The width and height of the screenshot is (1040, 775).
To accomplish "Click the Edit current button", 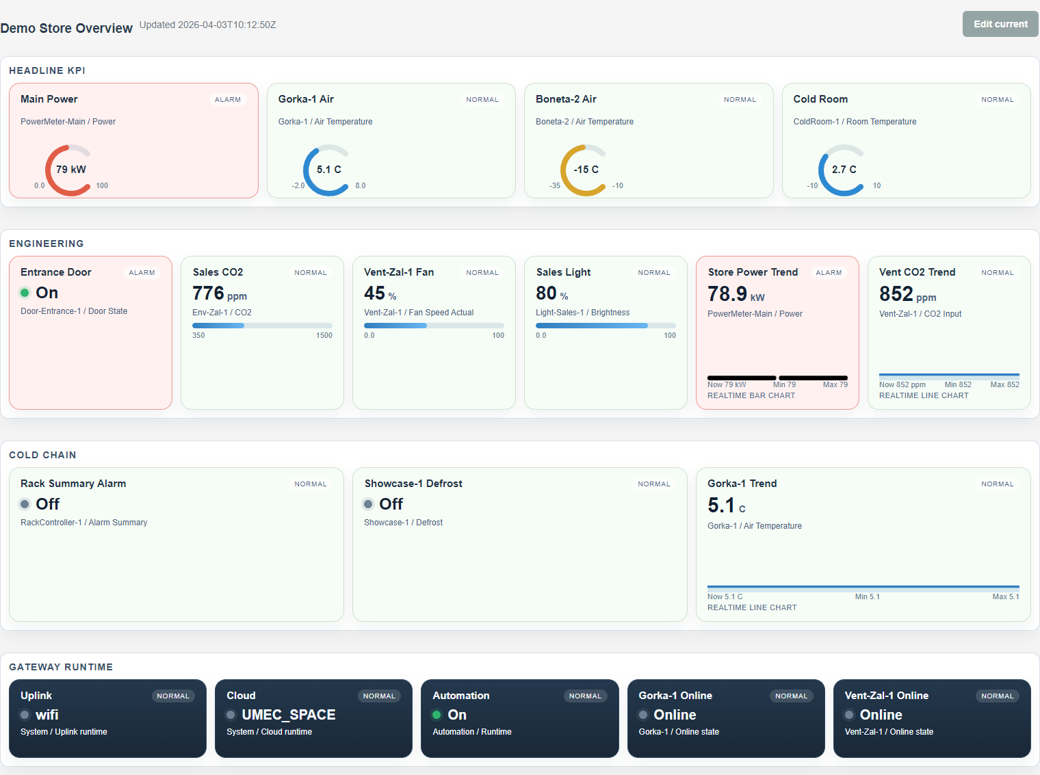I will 1000,24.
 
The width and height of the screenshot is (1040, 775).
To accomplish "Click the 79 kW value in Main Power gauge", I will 71,170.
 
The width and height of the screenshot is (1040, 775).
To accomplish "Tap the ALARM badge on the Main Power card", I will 228,100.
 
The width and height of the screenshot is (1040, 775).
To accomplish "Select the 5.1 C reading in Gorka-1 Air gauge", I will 328,170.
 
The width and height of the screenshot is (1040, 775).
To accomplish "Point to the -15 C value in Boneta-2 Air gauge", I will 586,170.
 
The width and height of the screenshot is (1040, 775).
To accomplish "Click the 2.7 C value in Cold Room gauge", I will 844,170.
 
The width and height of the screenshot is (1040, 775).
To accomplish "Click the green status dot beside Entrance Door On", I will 25,293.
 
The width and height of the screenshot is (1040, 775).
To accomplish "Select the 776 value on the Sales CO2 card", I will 208,293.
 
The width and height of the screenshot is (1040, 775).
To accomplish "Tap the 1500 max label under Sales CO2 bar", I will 324,335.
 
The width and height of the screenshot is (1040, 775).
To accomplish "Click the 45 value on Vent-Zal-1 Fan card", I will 374,293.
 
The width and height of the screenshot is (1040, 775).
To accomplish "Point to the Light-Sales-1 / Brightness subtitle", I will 582,313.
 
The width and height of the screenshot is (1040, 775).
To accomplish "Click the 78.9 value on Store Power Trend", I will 727,294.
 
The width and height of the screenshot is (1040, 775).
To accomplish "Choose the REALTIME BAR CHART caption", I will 751,395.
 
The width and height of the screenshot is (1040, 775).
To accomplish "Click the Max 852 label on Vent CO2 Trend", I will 1004,384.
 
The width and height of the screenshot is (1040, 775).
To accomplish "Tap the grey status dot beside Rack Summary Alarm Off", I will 25,504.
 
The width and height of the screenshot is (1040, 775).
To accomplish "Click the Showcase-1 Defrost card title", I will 413,484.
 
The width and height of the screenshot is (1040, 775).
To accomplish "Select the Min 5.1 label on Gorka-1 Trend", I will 867,596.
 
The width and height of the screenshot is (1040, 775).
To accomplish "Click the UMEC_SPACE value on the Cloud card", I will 288,715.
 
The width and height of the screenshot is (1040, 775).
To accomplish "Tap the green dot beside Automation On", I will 437,715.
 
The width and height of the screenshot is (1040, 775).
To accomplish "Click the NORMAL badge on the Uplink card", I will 172,696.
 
